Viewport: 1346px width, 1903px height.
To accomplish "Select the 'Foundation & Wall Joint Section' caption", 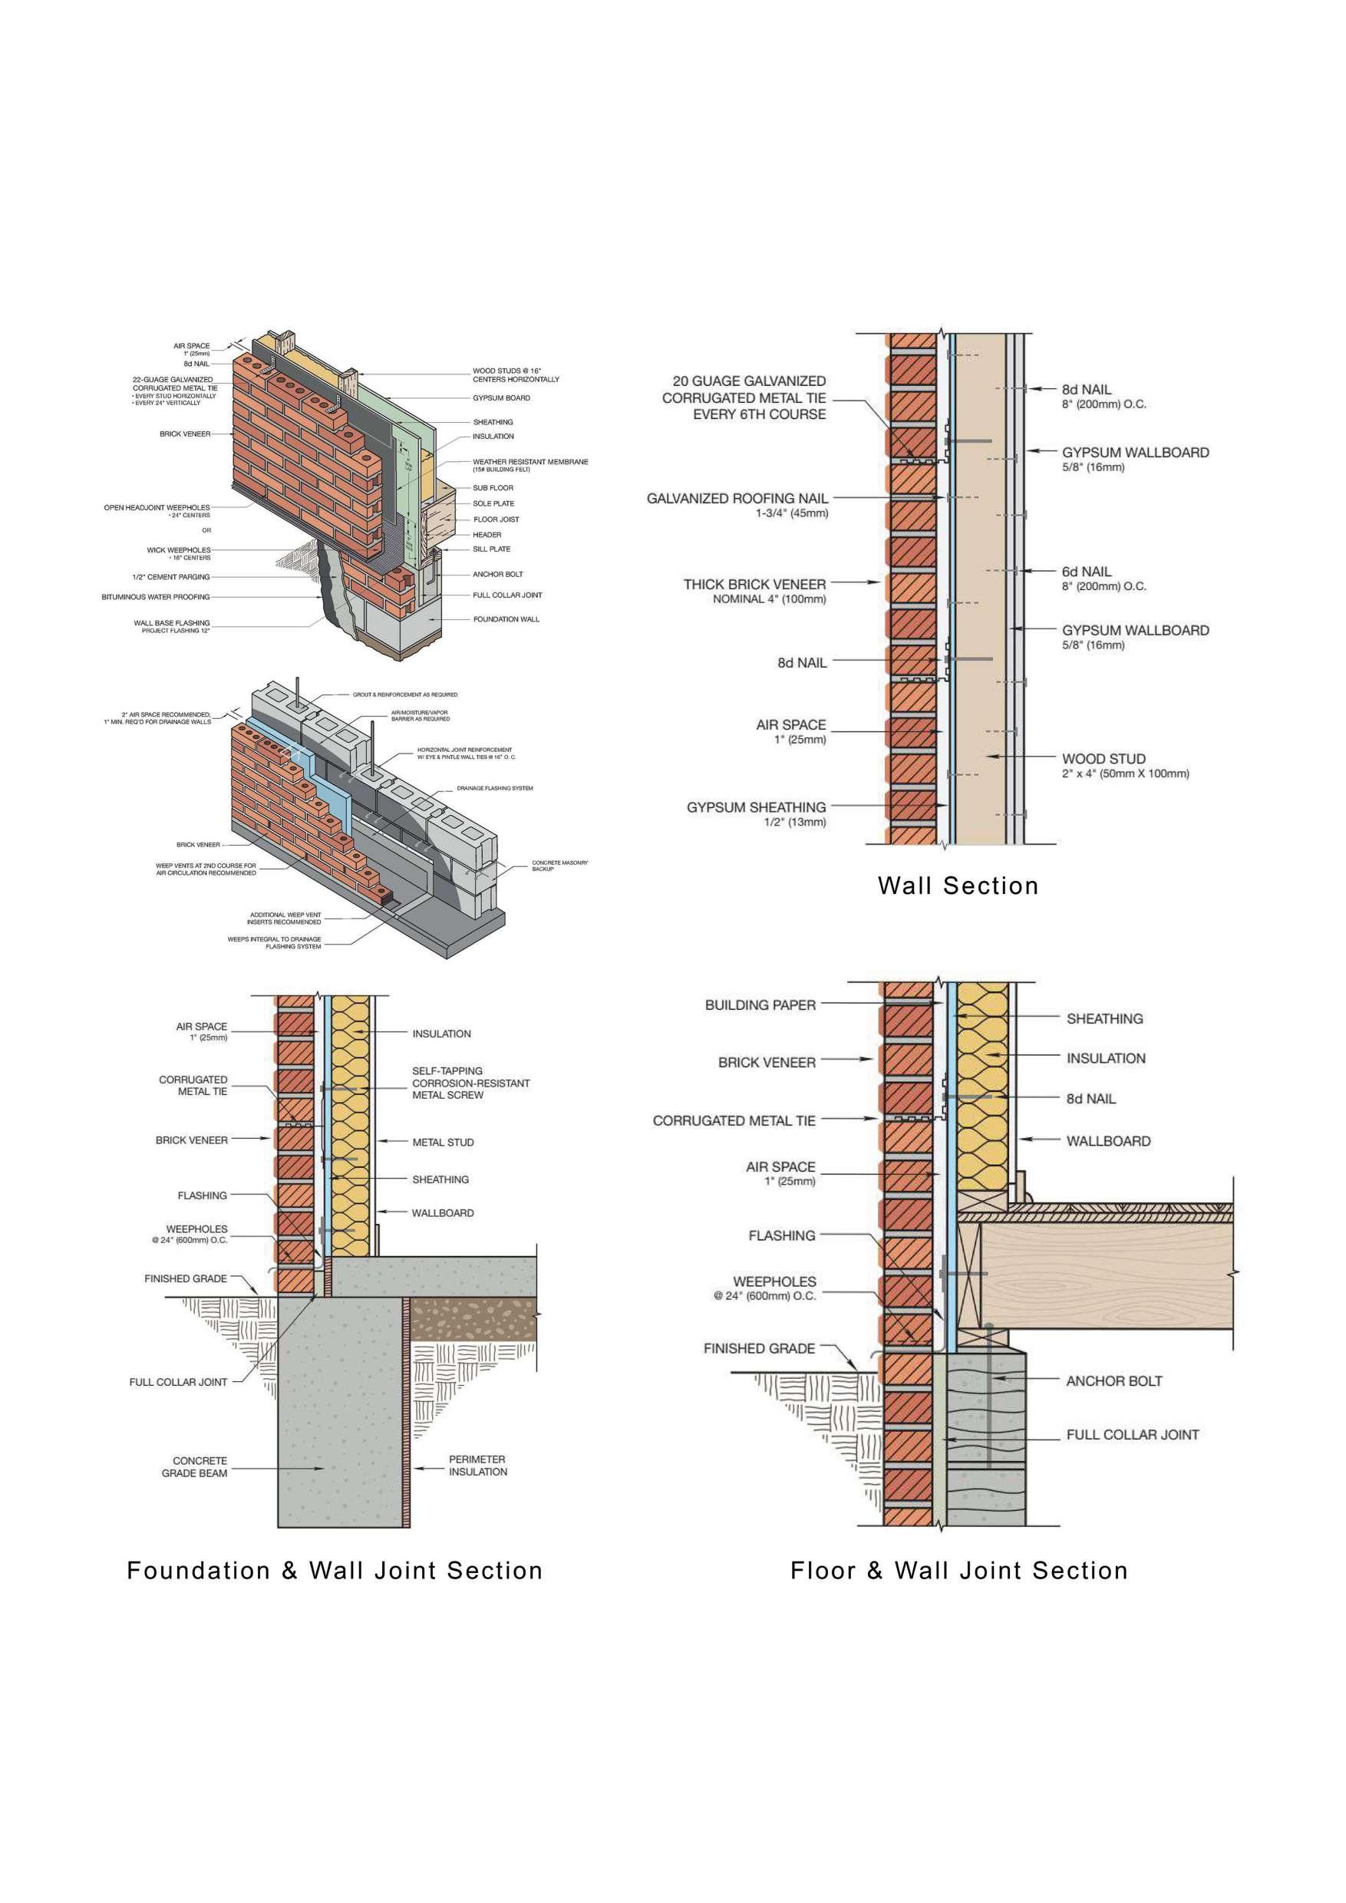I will click(x=334, y=1570).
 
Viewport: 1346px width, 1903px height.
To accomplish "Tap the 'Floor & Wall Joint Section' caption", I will click(x=959, y=1570).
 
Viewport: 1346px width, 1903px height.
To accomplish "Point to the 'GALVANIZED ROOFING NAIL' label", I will click(x=737, y=499).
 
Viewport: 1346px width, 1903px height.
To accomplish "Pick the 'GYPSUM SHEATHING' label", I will click(x=756, y=807).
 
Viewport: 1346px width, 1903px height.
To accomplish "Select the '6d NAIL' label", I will click(x=1087, y=572).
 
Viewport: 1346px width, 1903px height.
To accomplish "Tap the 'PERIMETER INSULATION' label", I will click(x=477, y=1466).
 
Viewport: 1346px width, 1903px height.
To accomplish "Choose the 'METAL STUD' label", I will click(x=443, y=1142).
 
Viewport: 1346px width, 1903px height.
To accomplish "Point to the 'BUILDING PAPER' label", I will click(x=760, y=1005).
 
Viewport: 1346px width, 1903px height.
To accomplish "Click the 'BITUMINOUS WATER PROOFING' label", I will click(x=156, y=597).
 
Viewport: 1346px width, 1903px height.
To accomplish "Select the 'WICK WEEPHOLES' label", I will click(x=178, y=550).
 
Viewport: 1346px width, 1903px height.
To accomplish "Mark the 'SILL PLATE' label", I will click(x=491, y=549).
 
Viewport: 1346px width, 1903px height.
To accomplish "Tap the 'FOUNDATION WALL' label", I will click(x=506, y=619).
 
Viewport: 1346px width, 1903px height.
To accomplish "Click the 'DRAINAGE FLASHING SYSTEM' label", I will click(x=495, y=788).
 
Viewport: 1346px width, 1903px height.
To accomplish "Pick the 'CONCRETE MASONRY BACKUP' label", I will click(x=559, y=866).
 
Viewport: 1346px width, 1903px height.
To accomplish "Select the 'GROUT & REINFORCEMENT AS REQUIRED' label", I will click(x=405, y=694).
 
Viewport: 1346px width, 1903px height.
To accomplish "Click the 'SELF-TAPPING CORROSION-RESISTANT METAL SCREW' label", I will click(x=470, y=1083).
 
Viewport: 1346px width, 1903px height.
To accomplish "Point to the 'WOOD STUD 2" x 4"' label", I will click(x=1104, y=759).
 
